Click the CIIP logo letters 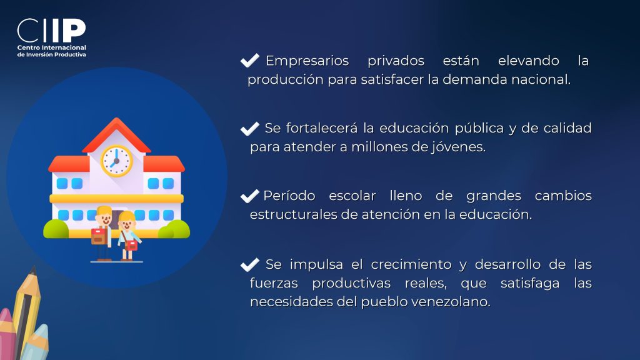(x=51, y=30)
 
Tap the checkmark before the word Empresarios (x=250, y=61)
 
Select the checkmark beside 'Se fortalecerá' (x=250, y=129)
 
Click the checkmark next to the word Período (x=250, y=196)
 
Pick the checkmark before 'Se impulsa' (x=250, y=265)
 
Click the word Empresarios (x=307, y=61)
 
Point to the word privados (x=396, y=61)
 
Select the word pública (x=479, y=129)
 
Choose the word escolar (x=352, y=196)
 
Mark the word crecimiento (x=411, y=264)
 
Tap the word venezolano (x=451, y=302)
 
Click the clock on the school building (x=117, y=161)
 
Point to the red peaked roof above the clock (x=117, y=135)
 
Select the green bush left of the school (x=56, y=229)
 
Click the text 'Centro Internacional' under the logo (x=51, y=47)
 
